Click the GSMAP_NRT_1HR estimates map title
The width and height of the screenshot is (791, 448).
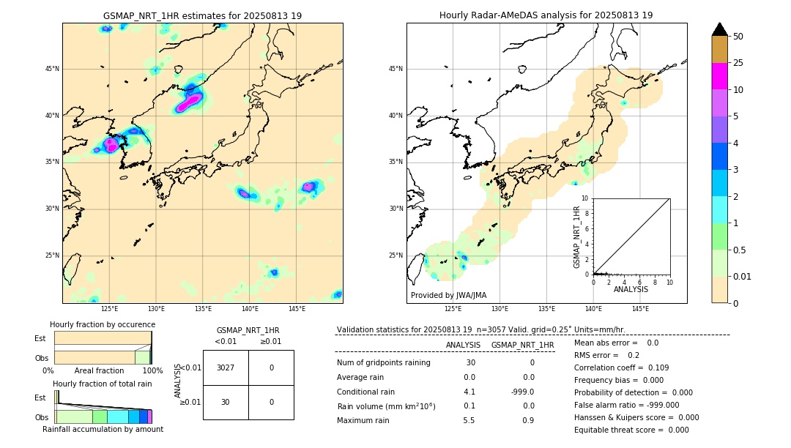click(x=202, y=15)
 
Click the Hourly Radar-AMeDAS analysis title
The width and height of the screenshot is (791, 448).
click(x=546, y=15)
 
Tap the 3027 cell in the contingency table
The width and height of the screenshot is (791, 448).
click(x=226, y=367)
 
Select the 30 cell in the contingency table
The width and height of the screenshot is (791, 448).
click(x=226, y=402)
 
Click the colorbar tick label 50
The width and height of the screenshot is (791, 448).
click(x=738, y=37)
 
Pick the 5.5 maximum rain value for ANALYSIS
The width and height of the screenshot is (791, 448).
click(x=469, y=420)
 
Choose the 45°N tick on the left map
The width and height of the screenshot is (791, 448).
click(x=52, y=69)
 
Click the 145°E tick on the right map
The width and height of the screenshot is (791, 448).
click(x=640, y=309)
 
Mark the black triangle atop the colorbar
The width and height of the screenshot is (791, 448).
click(x=720, y=29)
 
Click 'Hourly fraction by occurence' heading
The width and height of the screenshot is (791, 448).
click(x=103, y=324)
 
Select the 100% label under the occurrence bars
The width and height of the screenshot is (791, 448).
click(x=152, y=371)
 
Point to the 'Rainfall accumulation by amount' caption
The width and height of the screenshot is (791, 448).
click(x=103, y=430)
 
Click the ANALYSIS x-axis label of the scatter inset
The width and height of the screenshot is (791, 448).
click(x=631, y=289)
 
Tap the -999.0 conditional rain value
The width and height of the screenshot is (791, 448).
click(x=522, y=392)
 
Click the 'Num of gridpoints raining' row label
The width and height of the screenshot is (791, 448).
click(x=384, y=363)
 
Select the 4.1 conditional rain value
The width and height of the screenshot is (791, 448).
click(x=469, y=392)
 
